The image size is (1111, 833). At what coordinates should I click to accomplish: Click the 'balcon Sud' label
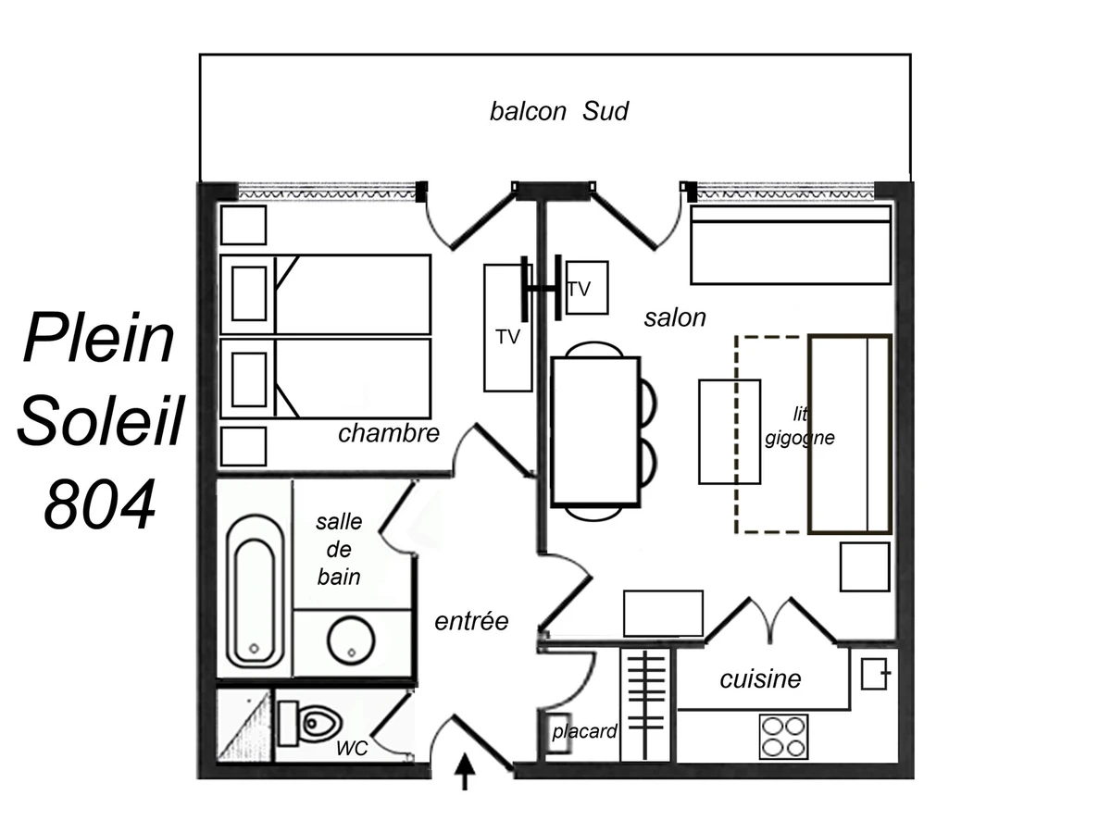(x=559, y=111)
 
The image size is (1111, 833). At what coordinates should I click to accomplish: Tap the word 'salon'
(x=675, y=318)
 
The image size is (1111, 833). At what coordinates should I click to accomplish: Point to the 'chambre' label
(x=389, y=433)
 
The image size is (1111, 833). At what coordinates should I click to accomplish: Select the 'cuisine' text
(x=760, y=679)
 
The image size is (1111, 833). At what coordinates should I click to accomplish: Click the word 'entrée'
(x=471, y=621)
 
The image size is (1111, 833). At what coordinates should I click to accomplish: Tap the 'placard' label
(x=584, y=731)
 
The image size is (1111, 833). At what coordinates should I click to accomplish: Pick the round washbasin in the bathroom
(x=351, y=640)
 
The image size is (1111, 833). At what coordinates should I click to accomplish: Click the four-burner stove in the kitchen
(x=783, y=737)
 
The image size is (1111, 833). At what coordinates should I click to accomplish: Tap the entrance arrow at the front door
(x=465, y=771)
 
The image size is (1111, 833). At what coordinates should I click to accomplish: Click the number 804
(x=99, y=504)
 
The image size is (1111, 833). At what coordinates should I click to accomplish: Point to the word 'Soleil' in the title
(x=101, y=420)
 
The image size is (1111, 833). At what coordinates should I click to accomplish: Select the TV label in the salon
(x=579, y=290)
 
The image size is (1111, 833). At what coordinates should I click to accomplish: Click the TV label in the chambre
(x=507, y=337)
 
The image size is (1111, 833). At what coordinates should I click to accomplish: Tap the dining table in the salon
(x=595, y=432)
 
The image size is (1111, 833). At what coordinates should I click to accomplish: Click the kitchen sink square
(x=876, y=674)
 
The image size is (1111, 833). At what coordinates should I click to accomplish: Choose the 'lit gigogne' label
(x=800, y=427)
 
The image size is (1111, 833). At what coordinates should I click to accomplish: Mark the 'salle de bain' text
(x=339, y=549)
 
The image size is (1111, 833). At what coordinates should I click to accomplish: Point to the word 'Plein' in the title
(x=99, y=336)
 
